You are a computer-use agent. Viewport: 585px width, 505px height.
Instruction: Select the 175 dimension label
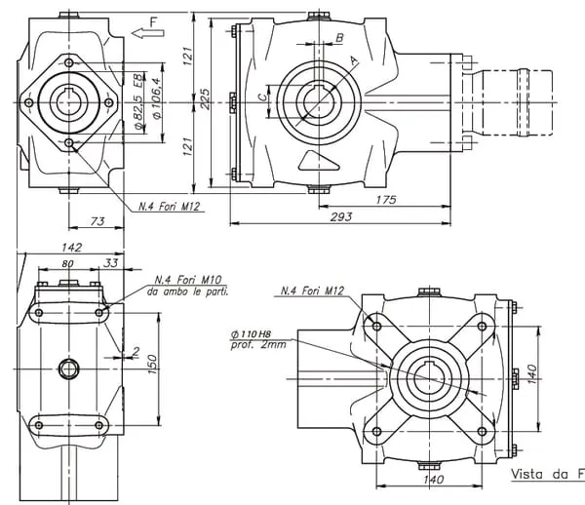(387, 199)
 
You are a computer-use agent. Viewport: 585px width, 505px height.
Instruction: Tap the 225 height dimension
(204, 101)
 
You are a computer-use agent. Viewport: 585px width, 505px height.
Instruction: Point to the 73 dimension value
(96, 222)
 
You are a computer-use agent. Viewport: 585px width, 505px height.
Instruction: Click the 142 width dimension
(69, 249)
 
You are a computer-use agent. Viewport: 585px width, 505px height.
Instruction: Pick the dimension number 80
(68, 263)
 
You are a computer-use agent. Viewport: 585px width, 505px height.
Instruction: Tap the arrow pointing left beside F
(149, 32)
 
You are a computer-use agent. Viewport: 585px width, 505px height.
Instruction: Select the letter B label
(339, 38)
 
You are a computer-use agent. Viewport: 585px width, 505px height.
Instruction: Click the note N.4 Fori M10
(185, 280)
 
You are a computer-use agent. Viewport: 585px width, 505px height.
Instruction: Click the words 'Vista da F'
(547, 475)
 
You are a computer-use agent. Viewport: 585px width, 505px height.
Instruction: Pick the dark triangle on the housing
(313, 161)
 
